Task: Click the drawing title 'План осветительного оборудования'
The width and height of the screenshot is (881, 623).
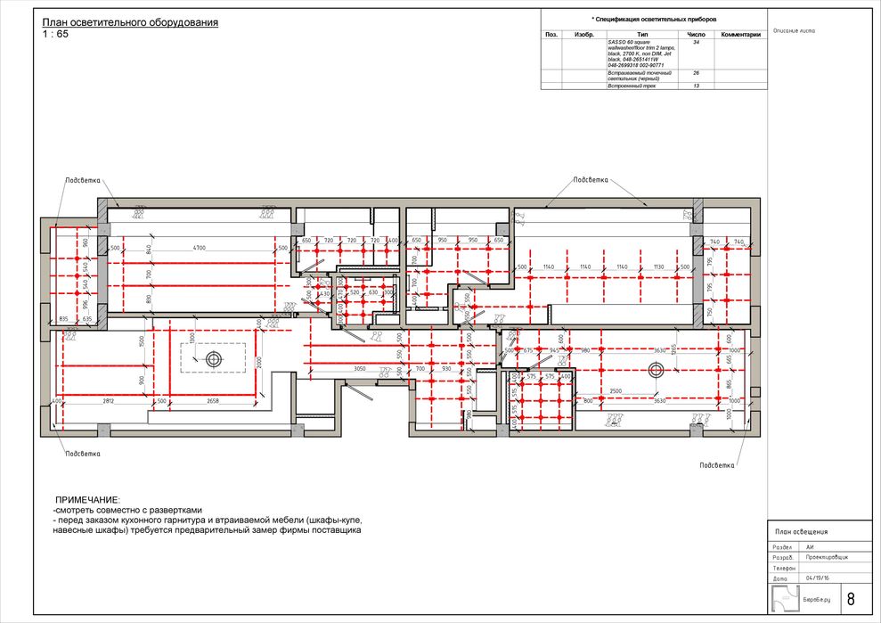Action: click(x=130, y=22)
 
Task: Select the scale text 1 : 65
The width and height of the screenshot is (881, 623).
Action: click(x=55, y=34)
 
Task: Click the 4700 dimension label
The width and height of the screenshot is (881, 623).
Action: click(x=200, y=247)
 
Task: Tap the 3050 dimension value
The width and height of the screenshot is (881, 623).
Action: click(x=361, y=368)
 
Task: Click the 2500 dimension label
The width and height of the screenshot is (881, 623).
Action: click(x=616, y=390)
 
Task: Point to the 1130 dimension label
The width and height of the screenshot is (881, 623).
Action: click(x=657, y=266)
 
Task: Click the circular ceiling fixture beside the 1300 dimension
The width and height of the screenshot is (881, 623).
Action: click(x=213, y=358)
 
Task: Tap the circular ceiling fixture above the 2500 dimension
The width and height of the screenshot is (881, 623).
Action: click(x=657, y=369)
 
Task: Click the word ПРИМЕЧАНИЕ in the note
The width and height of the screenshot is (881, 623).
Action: click(x=86, y=500)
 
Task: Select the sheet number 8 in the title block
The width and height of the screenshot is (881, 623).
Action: click(x=851, y=599)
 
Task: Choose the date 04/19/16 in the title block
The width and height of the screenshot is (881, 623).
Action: click(x=817, y=578)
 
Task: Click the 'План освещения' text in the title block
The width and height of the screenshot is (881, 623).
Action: click(x=803, y=531)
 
